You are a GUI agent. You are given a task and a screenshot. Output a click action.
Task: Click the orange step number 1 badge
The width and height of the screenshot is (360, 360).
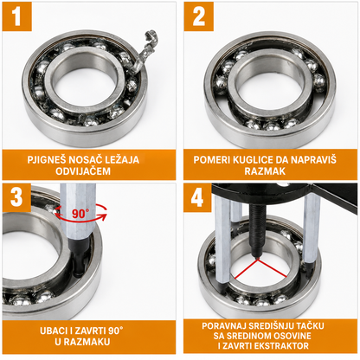(x=16, y=16)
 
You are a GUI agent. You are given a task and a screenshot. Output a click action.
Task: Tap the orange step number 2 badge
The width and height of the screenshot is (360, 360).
(x=199, y=16)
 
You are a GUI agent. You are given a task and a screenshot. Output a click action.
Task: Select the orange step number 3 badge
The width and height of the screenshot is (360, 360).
(x=16, y=197)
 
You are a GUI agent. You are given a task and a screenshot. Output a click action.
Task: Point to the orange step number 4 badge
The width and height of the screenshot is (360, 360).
(x=197, y=197)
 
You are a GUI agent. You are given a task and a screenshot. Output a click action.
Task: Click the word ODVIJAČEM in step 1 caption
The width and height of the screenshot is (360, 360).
(x=83, y=171)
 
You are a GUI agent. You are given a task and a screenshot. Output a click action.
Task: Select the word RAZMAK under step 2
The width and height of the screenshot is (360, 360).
(x=265, y=171)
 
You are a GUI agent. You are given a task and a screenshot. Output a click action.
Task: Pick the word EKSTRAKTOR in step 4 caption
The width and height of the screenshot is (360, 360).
(x=282, y=346)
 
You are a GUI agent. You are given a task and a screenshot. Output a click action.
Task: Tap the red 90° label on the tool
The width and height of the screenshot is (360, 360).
(x=79, y=214)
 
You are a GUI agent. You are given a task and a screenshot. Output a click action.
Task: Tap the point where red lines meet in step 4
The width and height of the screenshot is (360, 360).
(x=257, y=259)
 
